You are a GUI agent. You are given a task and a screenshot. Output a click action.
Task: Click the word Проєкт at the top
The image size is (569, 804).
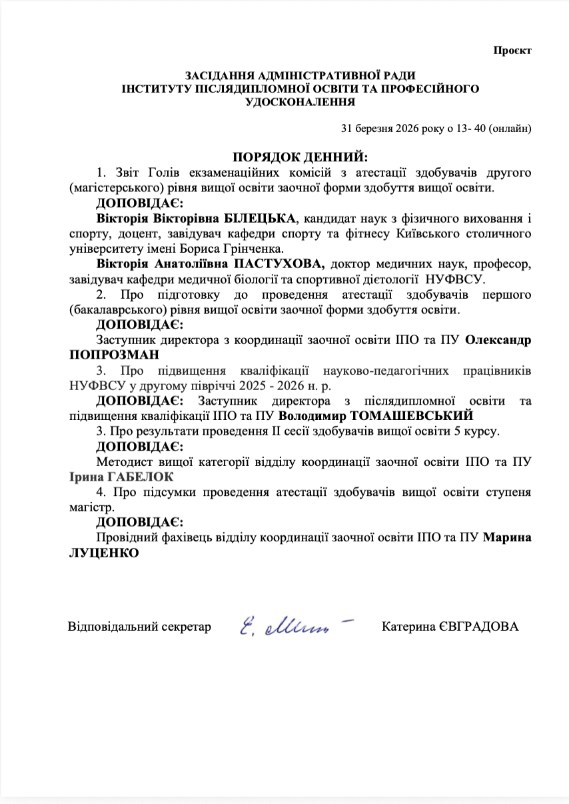[x=512, y=51]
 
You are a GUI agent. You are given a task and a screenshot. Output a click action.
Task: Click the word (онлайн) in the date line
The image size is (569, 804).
[x=510, y=127]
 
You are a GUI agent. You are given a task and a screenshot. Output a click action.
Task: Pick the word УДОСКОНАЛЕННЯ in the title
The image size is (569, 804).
[x=300, y=102]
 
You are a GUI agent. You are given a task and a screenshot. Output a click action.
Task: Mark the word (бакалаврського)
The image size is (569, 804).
[x=110, y=310]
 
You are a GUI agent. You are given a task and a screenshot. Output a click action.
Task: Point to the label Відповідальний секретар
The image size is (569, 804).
[x=139, y=627]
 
